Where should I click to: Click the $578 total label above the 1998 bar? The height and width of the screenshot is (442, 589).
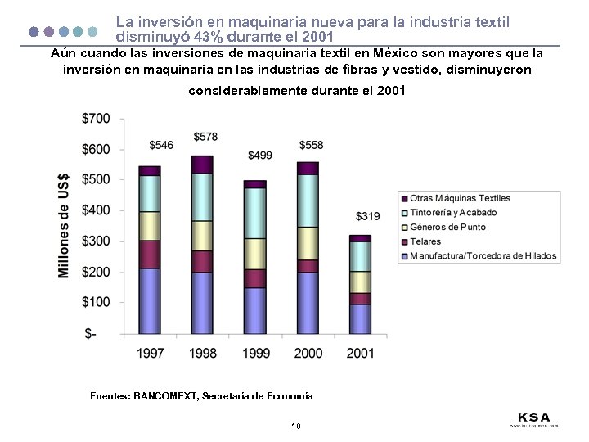click(x=205, y=136)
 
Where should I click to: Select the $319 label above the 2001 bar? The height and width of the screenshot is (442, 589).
click(x=367, y=216)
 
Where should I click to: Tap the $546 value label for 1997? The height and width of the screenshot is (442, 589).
click(x=161, y=145)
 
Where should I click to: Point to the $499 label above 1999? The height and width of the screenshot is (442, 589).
click(x=260, y=156)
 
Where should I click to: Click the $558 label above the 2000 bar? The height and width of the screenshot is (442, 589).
click(x=311, y=145)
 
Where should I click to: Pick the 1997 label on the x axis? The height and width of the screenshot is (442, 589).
click(x=150, y=353)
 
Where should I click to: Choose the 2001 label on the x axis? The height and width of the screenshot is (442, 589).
click(x=360, y=353)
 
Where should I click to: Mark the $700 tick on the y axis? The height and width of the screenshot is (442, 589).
click(x=96, y=119)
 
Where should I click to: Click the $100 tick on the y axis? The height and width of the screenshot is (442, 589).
click(x=96, y=302)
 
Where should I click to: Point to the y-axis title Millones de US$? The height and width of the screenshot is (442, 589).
click(x=64, y=225)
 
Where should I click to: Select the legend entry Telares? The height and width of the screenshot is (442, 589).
click(x=425, y=241)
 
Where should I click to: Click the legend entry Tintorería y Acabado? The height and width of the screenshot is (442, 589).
click(x=453, y=213)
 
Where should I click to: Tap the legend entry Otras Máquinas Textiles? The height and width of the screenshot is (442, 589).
click(x=460, y=198)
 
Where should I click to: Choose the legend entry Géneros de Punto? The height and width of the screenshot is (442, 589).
click(x=447, y=227)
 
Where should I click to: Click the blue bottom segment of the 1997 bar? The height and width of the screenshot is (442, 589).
click(x=150, y=301)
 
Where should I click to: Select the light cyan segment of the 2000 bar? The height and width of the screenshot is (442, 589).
click(x=308, y=201)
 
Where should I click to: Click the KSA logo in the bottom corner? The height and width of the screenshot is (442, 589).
click(x=533, y=418)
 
